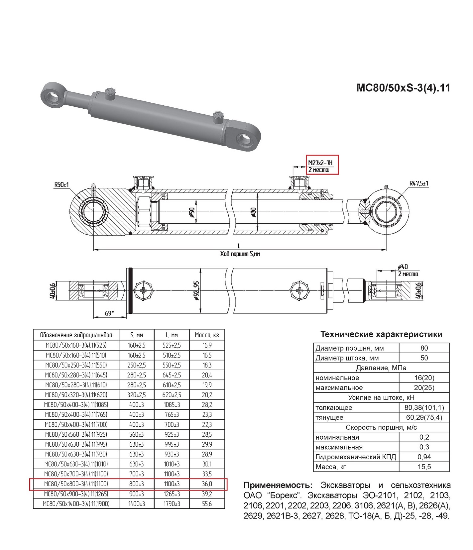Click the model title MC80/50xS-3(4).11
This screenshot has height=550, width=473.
pos(403,88)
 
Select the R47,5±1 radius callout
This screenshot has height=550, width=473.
pos(419,183)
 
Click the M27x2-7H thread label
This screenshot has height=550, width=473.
pos(320,163)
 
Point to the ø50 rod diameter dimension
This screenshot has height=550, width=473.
pos(191,212)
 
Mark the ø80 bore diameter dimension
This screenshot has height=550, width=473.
pos(254,212)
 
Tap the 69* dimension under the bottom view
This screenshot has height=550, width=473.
pos(109,313)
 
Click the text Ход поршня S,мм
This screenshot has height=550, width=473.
pos(240,254)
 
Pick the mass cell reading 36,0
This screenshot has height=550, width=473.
pos(207,484)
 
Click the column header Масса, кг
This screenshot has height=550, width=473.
pos(207,335)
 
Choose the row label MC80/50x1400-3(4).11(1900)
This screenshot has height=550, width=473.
pos(76,504)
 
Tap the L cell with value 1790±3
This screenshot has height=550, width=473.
pos(172,504)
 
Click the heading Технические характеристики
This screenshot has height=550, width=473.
pos(381,334)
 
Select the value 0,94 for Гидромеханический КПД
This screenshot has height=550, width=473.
pos(424,457)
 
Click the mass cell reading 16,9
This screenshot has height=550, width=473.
pos(207,345)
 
